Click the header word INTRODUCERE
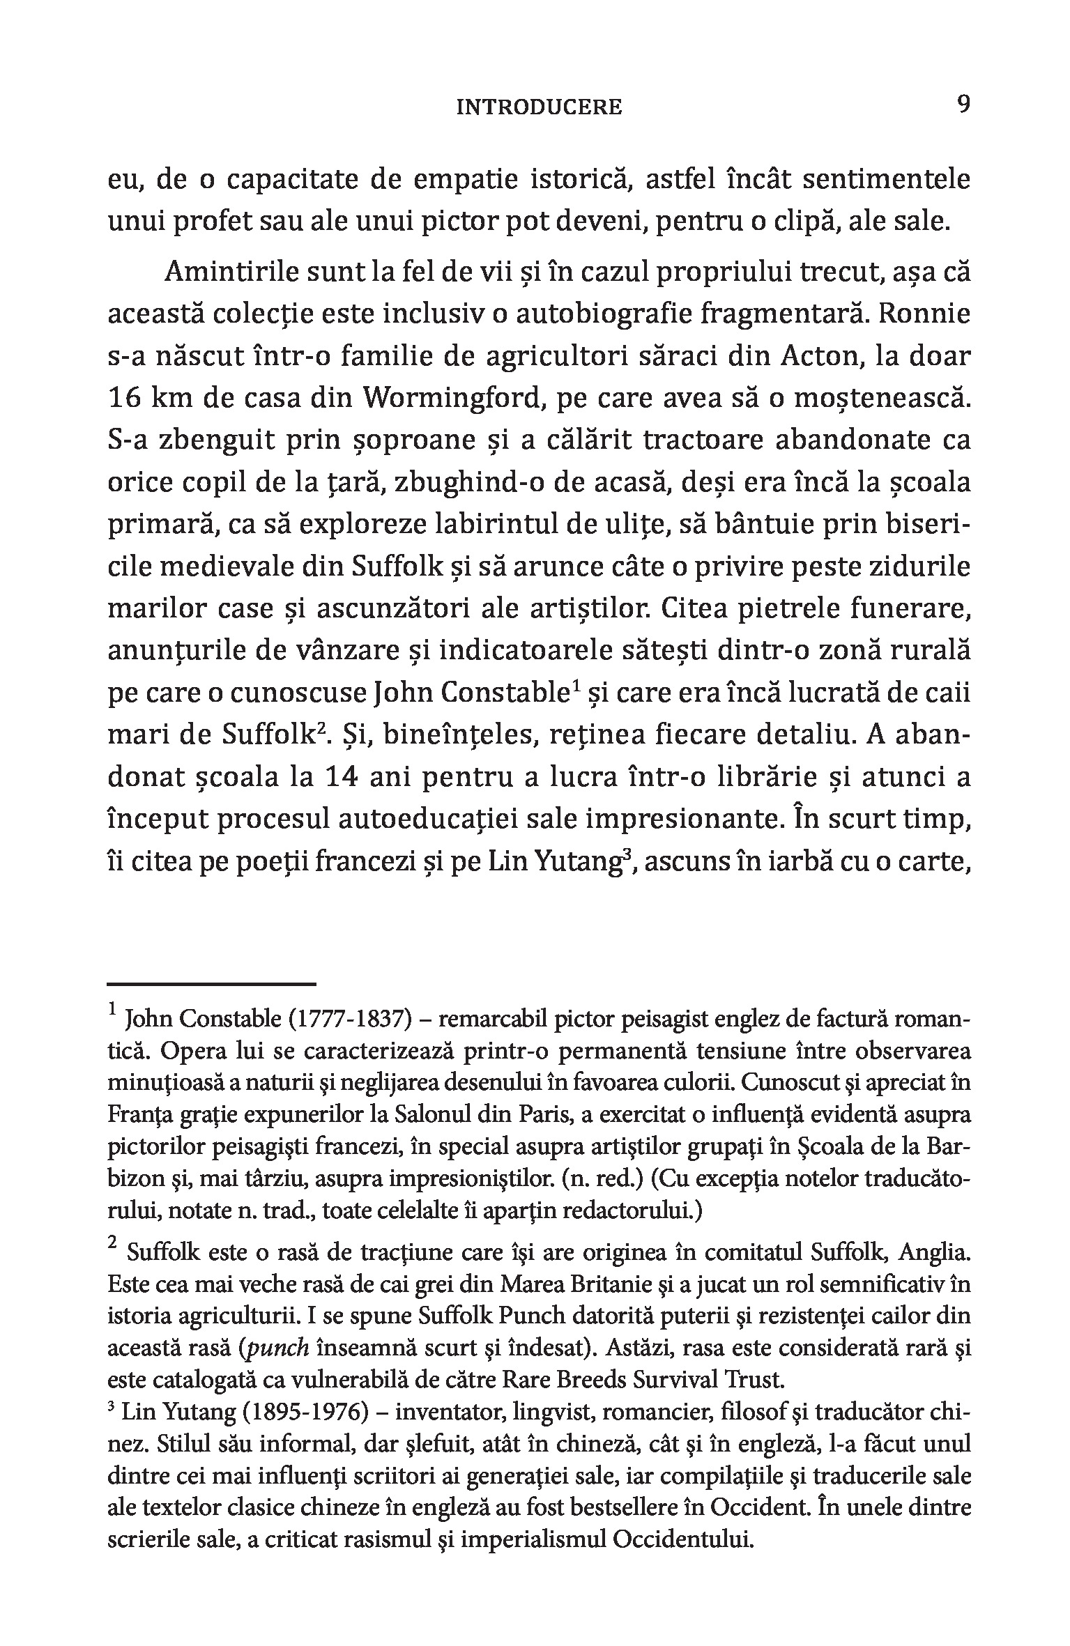(539, 107)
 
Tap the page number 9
(963, 105)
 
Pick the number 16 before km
(127, 399)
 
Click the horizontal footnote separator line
(212, 984)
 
